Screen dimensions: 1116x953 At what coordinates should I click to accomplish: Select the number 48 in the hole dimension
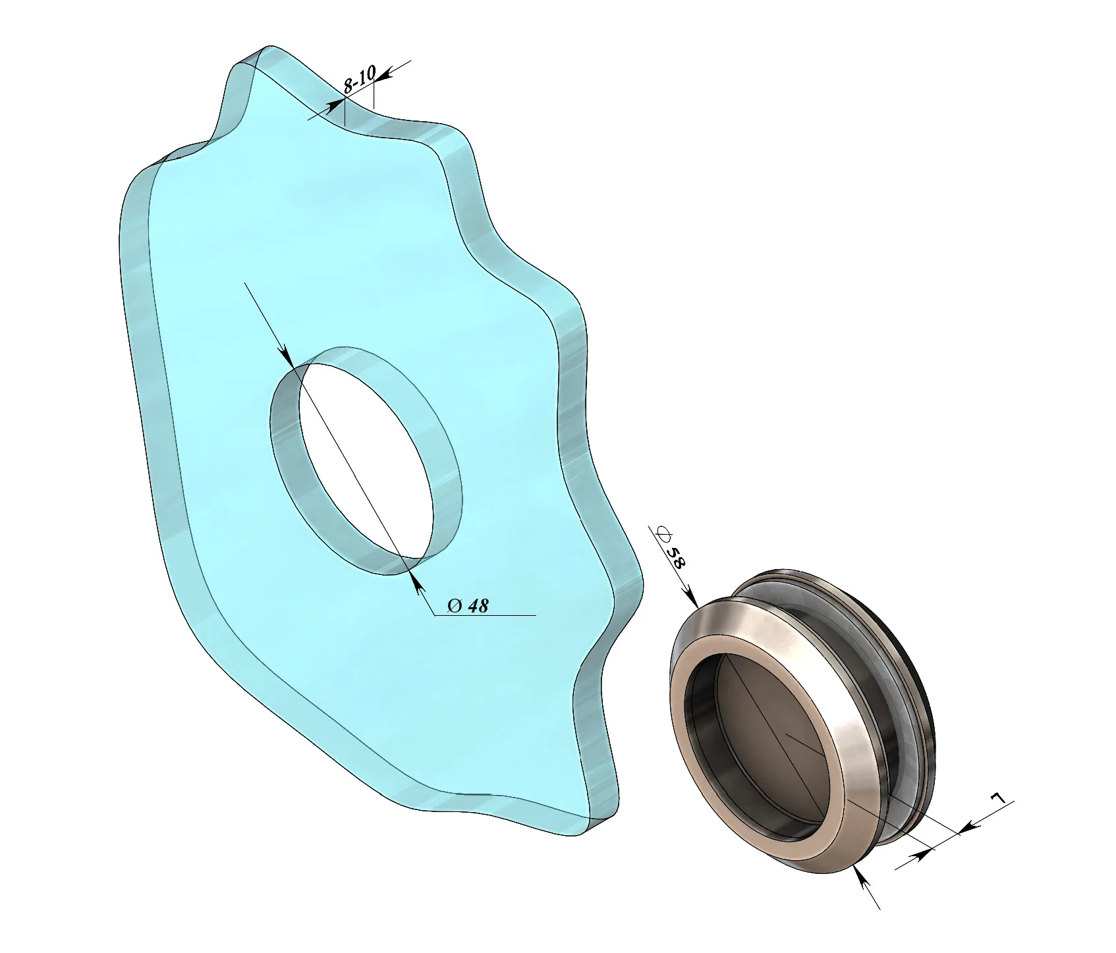point(478,605)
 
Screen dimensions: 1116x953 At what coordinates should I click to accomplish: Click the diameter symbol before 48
point(455,605)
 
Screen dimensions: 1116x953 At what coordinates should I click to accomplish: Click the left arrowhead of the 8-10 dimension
point(335,105)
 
